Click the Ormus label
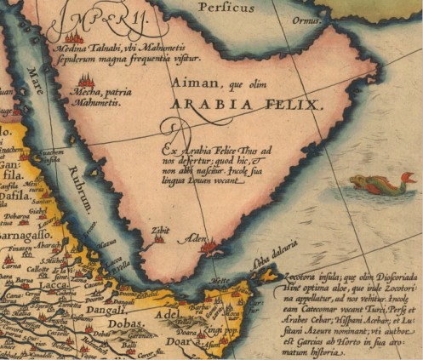(x=306, y=20)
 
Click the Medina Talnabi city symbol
(x=75, y=37)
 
